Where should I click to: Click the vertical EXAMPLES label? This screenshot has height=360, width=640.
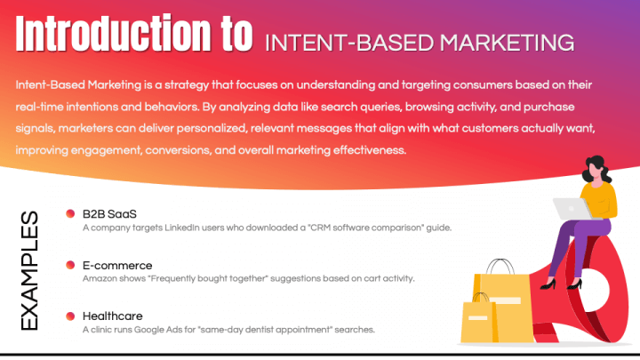pos(28,271)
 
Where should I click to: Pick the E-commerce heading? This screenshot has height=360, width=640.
pos(116,265)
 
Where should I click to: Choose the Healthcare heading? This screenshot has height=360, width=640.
pos(112,316)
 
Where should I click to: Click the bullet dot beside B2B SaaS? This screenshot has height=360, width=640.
pos(70,214)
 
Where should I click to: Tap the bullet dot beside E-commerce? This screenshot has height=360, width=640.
pos(70,265)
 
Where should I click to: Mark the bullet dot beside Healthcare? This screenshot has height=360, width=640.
pos(70,316)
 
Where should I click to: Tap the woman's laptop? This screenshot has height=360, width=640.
pos(570,208)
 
